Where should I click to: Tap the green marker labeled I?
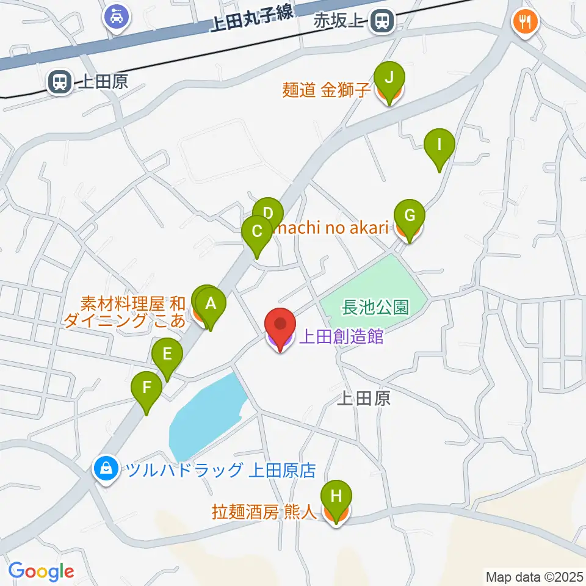coord(440,146)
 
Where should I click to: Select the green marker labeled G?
coord(409,215)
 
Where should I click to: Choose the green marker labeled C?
coord(257,233)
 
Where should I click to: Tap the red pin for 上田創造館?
coord(280,325)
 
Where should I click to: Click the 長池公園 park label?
coord(375,307)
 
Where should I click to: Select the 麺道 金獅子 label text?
coord(327,90)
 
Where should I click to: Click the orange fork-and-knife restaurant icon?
coord(524,22)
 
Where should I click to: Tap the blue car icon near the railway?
coord(116,16)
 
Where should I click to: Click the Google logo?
coord(42,571)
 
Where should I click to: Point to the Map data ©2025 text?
coord(534,576)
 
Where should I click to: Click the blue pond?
coord(204,415)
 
